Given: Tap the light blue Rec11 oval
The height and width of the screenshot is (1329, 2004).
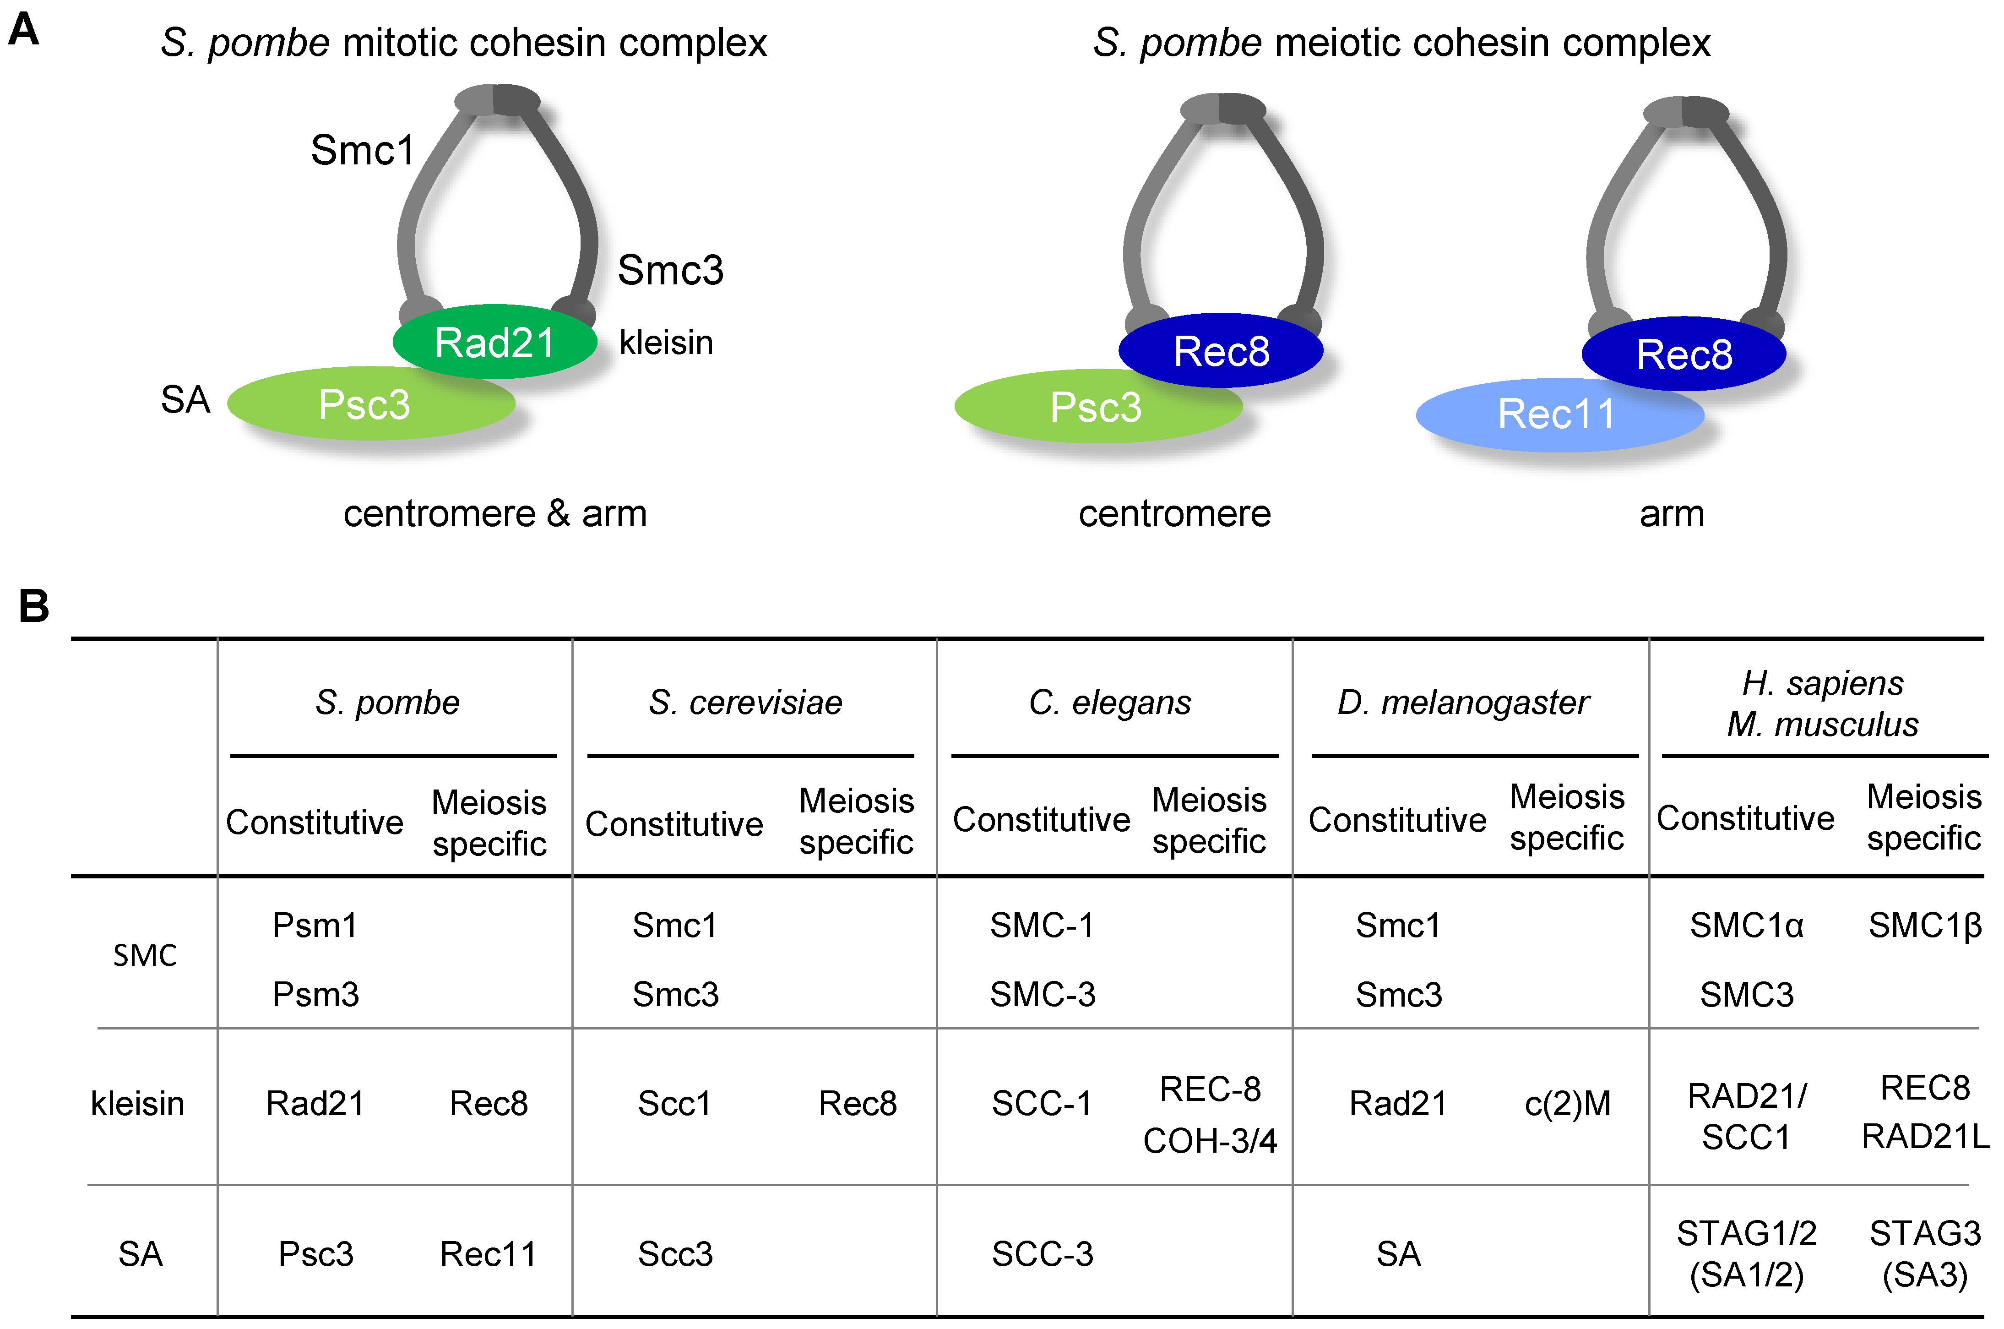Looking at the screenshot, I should click(1558, 414).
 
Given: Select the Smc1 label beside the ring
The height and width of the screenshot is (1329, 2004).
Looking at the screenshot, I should click(363, 151).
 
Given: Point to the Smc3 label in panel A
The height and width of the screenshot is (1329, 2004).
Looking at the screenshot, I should click(670, 270).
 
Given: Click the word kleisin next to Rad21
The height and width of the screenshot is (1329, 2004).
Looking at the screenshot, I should click(666, 343).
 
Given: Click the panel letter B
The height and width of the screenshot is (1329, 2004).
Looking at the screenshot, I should click(34, 606).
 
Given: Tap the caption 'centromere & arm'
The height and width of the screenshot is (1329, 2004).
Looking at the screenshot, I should click(495, 514).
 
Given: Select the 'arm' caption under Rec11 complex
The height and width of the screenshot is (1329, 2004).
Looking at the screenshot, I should click(1671, 514).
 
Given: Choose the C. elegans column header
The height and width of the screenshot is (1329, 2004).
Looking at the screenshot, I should click(1110, 703).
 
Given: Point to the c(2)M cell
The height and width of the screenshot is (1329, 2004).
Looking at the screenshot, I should click(1568, 1104).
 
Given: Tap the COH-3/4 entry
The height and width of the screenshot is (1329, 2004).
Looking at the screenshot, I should click(1209, 1141).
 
